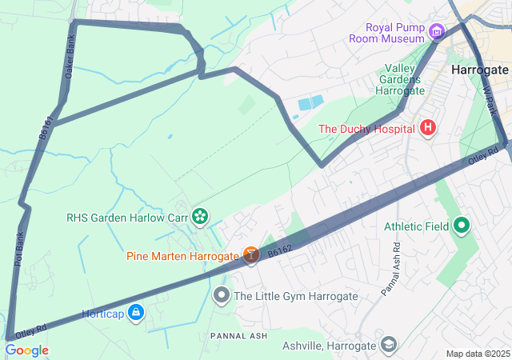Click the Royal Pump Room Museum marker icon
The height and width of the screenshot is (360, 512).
click(x=436, y=32)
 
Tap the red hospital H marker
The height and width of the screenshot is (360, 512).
click(x=428, y=128)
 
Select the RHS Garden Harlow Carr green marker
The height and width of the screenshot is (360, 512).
click(x=199, y=216)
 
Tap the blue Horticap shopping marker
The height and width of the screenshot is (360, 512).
click(x=136, y=311)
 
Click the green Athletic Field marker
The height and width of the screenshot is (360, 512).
click(x=461, y=226)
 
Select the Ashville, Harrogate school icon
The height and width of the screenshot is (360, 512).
click(x=388, y=346)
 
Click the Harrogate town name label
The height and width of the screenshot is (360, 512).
click(x=479, y=70)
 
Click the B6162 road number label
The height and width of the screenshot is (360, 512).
click(x=280, y=251)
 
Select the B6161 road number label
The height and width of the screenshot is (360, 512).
click(x=47, y=129)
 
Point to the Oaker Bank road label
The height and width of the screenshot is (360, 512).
click(x=70, y=58)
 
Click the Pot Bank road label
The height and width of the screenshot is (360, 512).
click(x=20, y=248)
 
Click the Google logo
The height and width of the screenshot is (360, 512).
click(x=26, y=350)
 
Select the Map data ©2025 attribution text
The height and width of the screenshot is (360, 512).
click(x=478, y=354)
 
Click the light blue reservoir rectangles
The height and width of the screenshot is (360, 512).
click(x=310, y=102)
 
